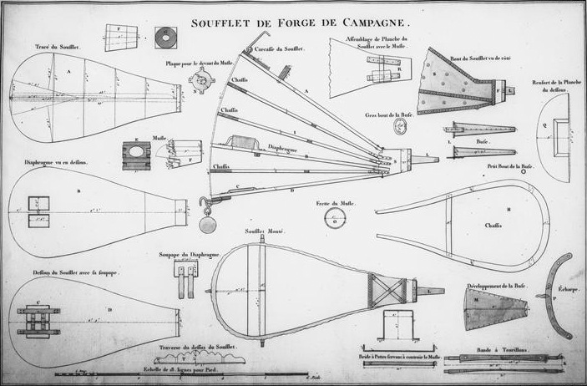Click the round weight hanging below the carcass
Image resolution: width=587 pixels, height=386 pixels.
click(207, 226)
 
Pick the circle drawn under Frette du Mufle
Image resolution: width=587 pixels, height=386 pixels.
click(334, 218)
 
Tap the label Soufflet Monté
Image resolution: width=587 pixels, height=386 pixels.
click(261, 230)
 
